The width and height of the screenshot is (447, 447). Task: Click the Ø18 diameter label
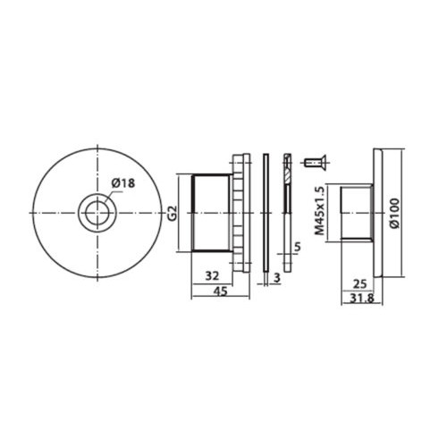coord(123,183)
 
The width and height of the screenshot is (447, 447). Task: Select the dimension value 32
coord(212,275)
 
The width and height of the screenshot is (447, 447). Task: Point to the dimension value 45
coord(220,291)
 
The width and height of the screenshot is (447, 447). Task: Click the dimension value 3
coord(277,278)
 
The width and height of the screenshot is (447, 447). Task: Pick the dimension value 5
coord(298,247)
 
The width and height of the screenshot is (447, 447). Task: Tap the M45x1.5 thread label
coord(320,210)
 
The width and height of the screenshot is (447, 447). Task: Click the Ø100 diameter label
coord(395,213)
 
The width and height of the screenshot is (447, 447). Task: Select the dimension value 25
coord(359,284)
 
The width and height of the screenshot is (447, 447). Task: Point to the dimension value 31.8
coord(361,299)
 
